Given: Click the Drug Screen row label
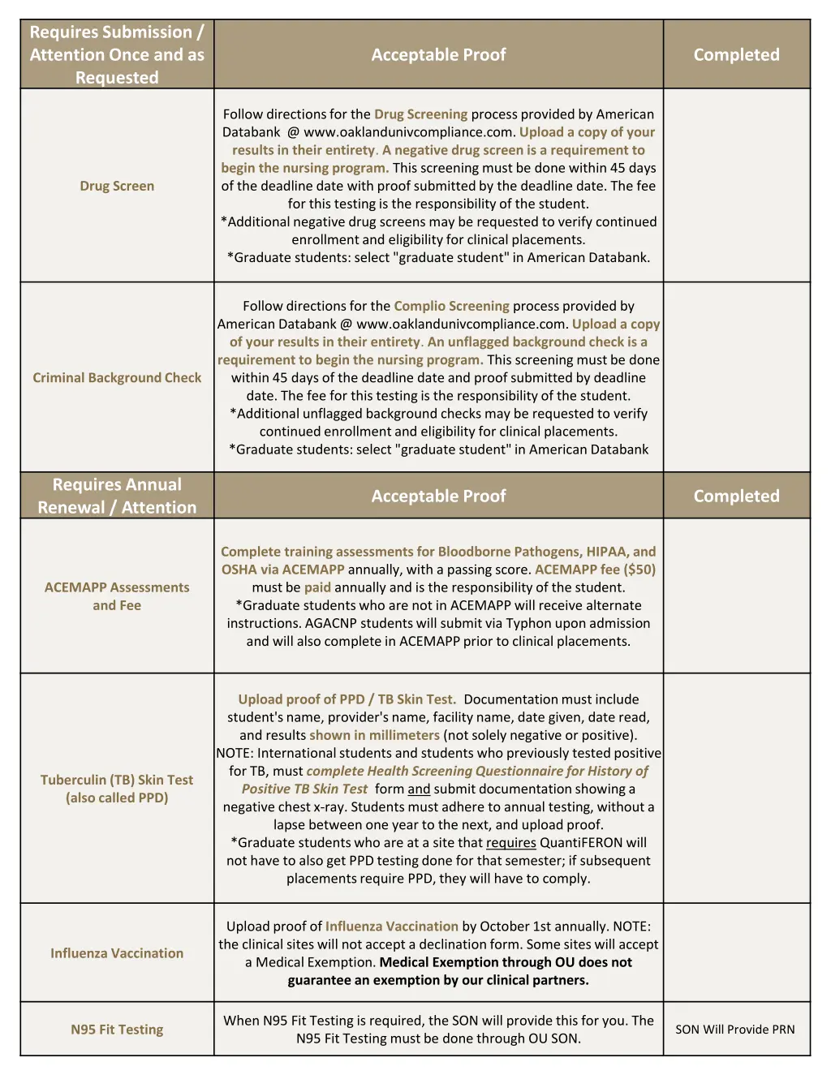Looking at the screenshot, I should (x=117, y=186).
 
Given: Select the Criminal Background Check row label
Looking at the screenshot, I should (x=117, y=377).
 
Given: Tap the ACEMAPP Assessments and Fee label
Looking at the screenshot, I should (x=117, y=596).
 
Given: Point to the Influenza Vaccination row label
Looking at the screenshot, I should (x=117, y=953).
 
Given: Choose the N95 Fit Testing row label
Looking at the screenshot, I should (x=117, y=1030).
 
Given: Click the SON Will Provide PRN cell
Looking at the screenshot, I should (x=735, y=1030).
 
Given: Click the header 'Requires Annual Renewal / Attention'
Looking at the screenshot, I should (x=117, y=496).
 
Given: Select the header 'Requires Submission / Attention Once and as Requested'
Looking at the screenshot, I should (x=117, y=54).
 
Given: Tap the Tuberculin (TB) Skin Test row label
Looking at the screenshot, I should (x=117, y=789).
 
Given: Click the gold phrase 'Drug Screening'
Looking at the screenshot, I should (x=420, y=114).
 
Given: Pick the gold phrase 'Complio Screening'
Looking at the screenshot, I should (x=451, y=306).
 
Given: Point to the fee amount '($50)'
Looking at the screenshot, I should (x=639, y=570).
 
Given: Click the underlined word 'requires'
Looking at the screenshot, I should (x=510, y=843).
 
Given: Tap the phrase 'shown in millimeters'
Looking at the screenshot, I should (x=374, y=735).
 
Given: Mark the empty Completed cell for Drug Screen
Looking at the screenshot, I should (x=736, y=186).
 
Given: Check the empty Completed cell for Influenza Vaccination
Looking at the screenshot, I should (x=736, y=953).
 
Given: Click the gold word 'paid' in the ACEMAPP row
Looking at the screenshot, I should (x=317, y=587).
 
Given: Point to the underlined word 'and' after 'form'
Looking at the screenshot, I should (x=419, y=789).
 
